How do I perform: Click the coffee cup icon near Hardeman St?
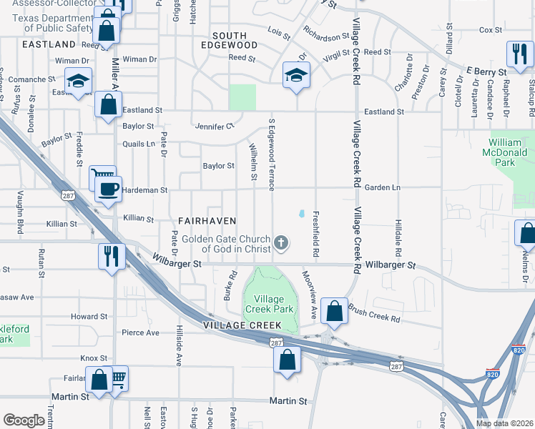coord(108,189)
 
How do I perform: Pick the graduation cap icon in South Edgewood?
coord(295,74)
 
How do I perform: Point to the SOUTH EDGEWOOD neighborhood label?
coord(230,41)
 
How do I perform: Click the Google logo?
coord(24,420)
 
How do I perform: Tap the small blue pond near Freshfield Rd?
coord(302,213)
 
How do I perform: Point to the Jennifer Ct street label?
coord(215,127)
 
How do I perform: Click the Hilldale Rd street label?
coord(395,235)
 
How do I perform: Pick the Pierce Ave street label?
coord(140,332)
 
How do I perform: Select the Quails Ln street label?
coord(139,144)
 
